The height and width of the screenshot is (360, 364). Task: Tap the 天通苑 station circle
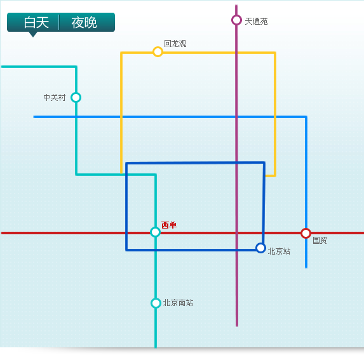coord(236,20)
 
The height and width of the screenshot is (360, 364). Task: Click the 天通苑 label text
coord(256,22)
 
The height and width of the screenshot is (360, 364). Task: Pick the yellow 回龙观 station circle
coord(158,51)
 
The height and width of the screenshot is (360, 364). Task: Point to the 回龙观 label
coord(175,44)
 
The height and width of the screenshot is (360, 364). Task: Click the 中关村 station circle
coord(76,97)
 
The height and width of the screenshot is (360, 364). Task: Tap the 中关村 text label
coord(55,98)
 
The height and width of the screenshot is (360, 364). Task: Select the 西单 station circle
coord(155,232)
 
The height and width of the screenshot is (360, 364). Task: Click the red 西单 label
coord(169,225)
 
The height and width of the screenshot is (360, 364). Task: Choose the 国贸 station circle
coord(306,234)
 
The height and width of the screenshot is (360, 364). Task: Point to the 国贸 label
coord(320,240)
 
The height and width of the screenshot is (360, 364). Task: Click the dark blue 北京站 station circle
coord(260,248)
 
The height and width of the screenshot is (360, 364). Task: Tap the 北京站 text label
coord(279,251)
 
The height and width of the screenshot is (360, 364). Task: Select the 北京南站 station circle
coord(156,303)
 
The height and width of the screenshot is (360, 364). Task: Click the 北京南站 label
coord(178,303)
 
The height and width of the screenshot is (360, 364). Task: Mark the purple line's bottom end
coord(237,326)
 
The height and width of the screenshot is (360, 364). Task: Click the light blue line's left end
coord(34,117)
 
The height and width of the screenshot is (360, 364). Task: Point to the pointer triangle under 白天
coord(33,34)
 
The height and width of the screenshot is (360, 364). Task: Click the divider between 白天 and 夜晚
coord(59,22)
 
